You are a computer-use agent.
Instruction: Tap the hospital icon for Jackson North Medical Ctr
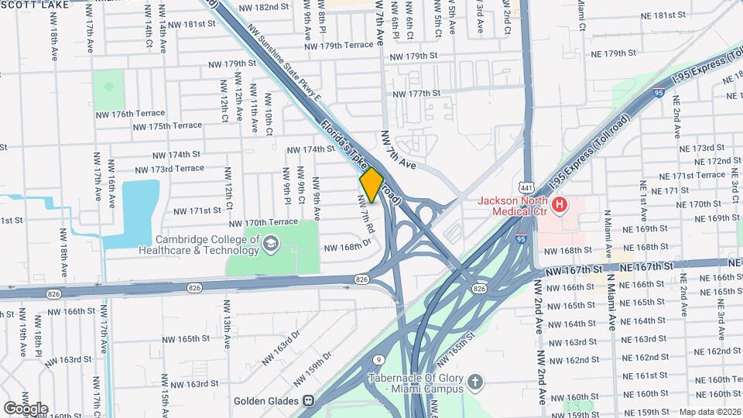point(559,205)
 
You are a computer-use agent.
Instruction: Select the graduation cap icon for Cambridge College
point(270,245)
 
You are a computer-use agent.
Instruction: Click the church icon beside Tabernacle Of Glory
point(477,382)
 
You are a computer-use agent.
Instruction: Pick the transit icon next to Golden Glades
point(308,401)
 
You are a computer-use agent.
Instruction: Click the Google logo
point(25,408)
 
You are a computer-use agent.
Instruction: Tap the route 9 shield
point(378,360)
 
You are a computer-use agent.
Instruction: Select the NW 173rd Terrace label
point(169,168)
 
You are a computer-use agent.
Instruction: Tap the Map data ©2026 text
point(710,412)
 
